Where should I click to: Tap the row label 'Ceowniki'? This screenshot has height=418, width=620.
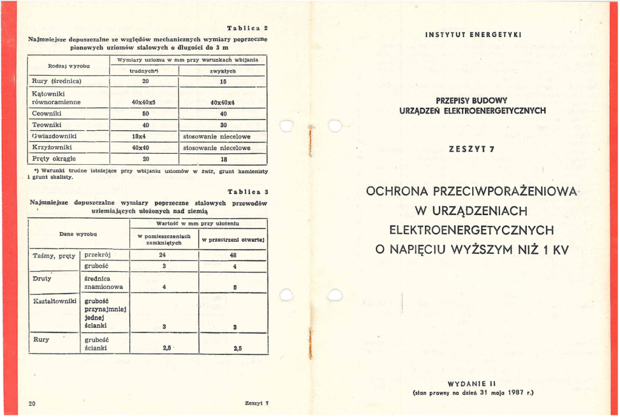click(x=48, y=113)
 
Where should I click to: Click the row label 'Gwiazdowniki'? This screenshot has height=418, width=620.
click(x=52, y=136)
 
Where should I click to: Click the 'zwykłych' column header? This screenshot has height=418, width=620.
click(x=223, y=71)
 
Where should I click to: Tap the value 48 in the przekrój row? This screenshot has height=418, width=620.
click(x=234, y=255)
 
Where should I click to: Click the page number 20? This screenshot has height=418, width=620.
click(x=33, y=403)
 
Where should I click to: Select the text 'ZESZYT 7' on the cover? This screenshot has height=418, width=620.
click(x=465, y=148)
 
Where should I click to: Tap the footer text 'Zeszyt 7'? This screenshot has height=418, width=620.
click(x=257, y=403)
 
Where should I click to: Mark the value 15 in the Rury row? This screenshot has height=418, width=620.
click(x=223, y=81)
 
